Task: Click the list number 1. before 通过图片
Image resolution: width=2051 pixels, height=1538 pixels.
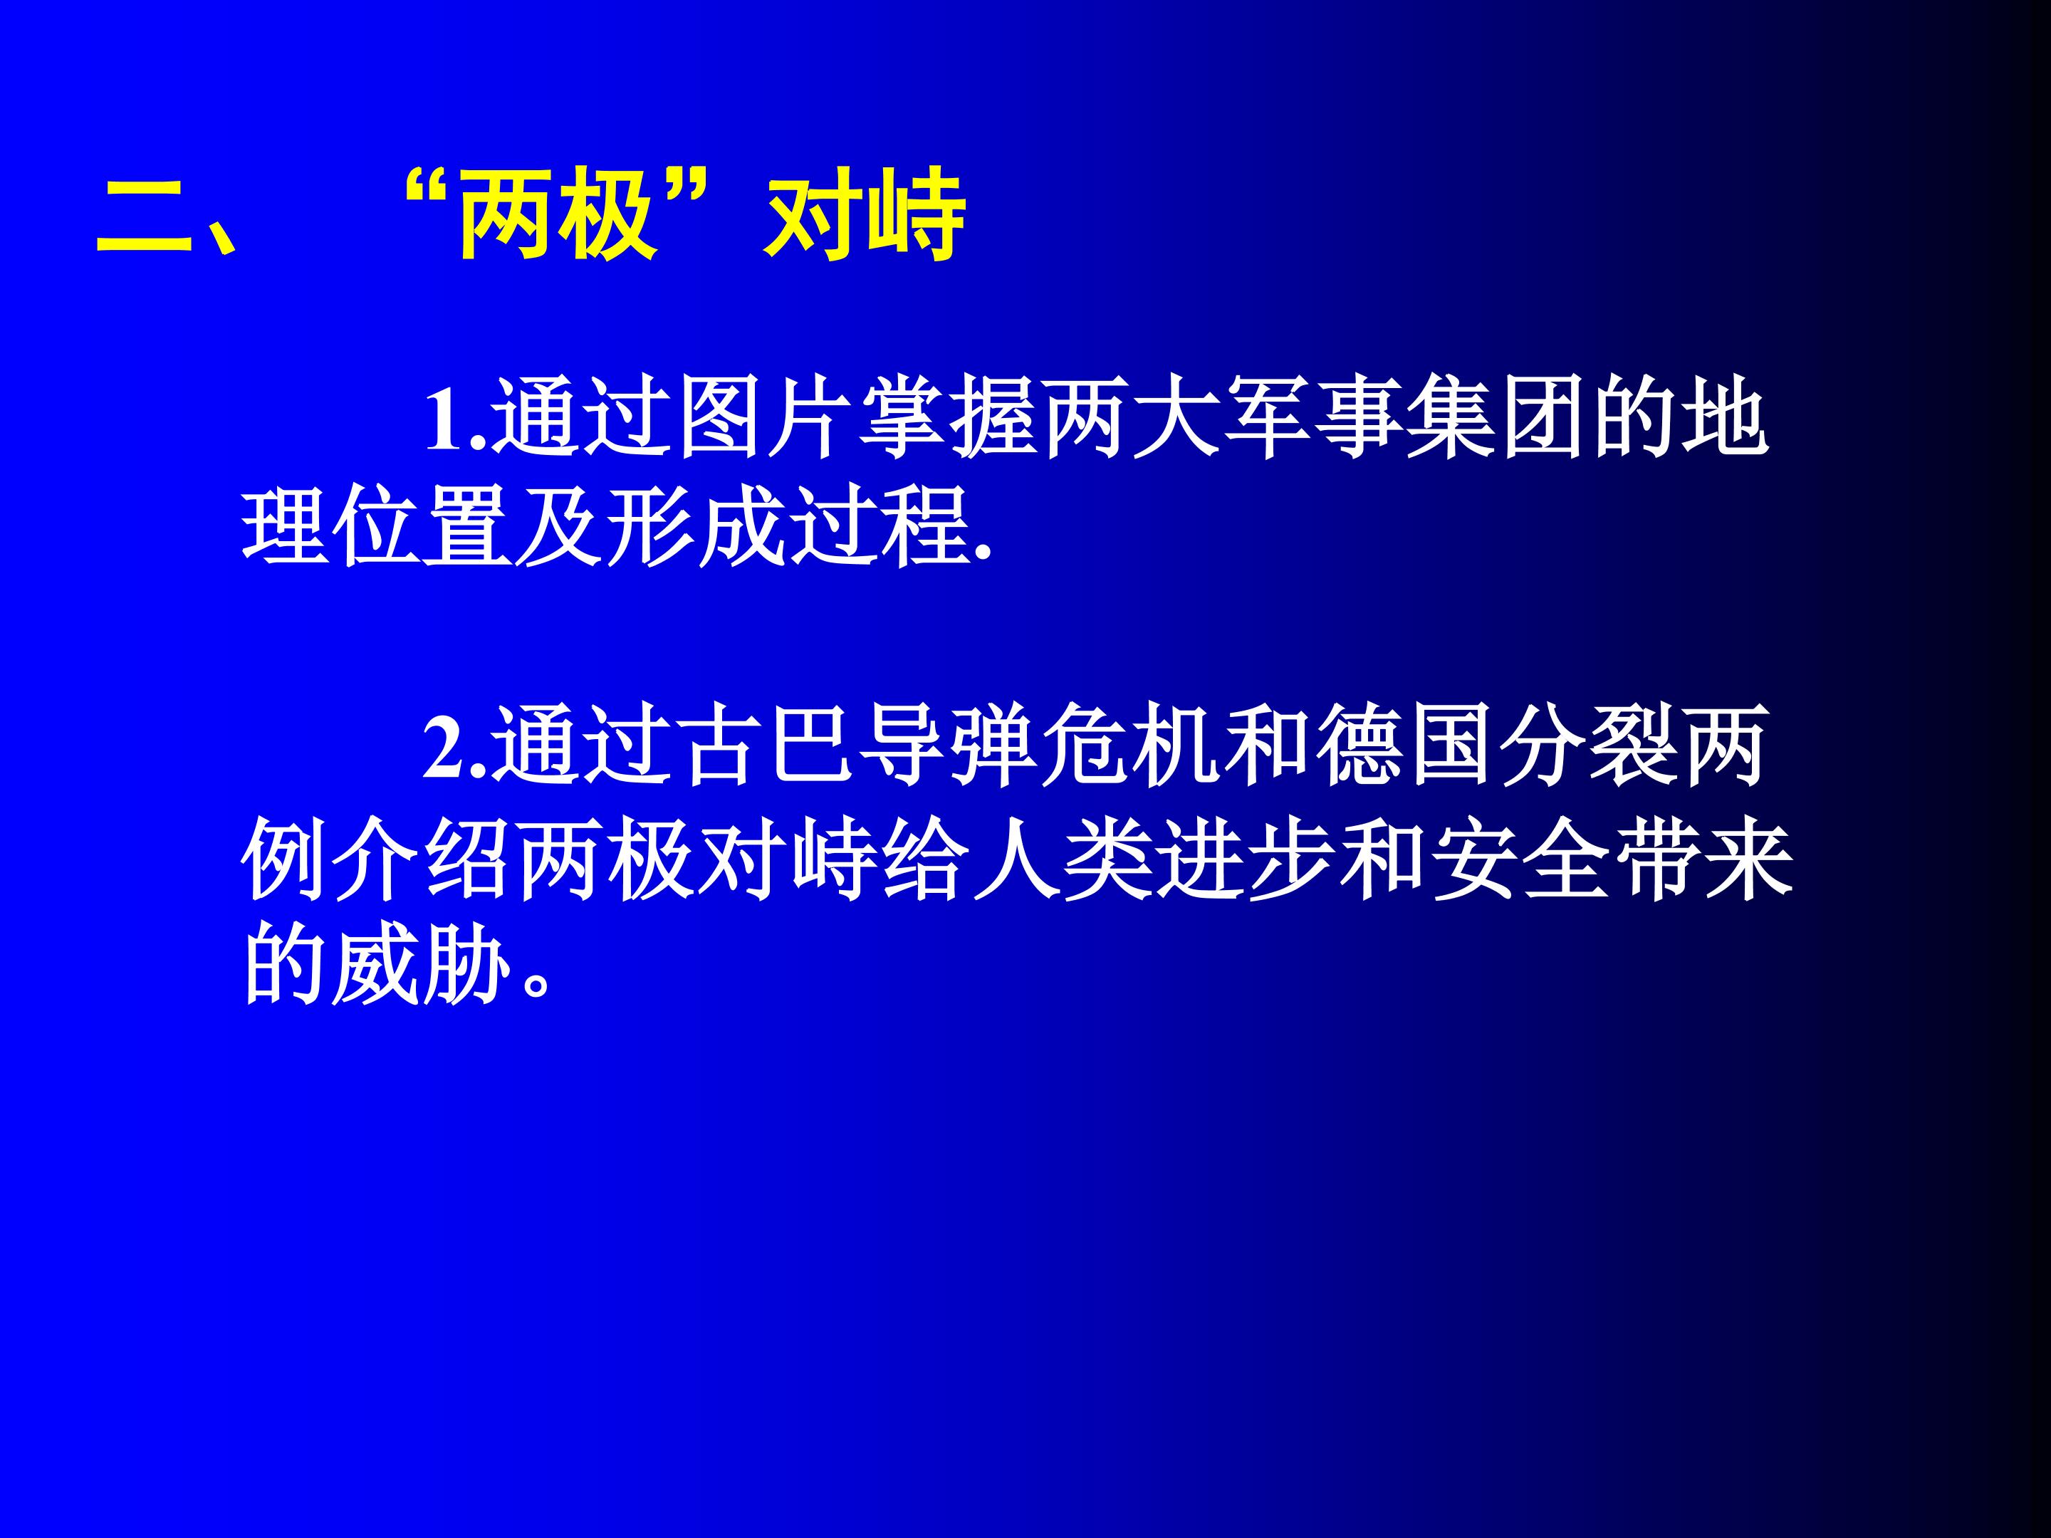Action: point(455,422)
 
